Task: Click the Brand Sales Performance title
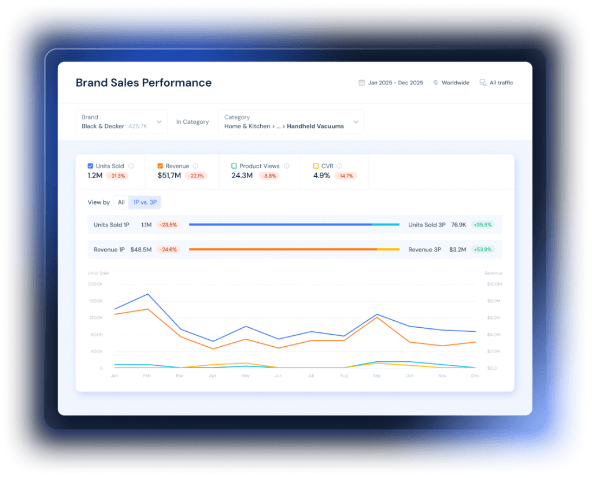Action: coord(143,83)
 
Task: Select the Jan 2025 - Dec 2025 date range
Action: coord(395,83)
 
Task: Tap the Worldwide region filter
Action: coord(455,83)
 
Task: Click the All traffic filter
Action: coord(501,83)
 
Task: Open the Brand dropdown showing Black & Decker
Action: coord(121,122)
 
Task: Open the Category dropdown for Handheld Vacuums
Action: coord(291,122)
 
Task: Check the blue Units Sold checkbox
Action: coord(90,166)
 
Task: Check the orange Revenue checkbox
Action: coord(160,166)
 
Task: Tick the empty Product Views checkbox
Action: coord(234,166)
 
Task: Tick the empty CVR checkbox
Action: coord(316,166)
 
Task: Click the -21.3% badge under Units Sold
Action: coord(117,176)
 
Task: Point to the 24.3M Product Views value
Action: coord(242,175)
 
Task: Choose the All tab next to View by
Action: coord(121,202)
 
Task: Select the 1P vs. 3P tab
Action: coord(145,202)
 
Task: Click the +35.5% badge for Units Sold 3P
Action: coord(482,225)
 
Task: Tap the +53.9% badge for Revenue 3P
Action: coord(482,250)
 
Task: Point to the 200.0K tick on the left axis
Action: coord(95,284)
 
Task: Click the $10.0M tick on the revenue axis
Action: coord(494,284)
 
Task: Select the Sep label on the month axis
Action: coord(377,376)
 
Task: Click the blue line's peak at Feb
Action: coord(147,294)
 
